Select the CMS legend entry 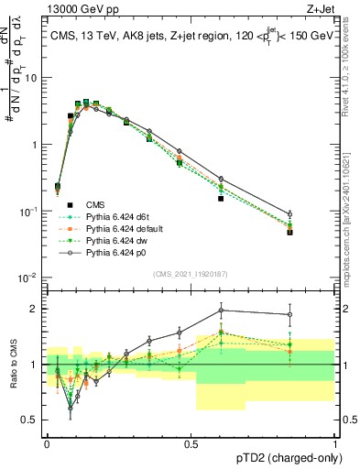[95, 204]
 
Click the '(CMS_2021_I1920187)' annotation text [191, 274]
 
